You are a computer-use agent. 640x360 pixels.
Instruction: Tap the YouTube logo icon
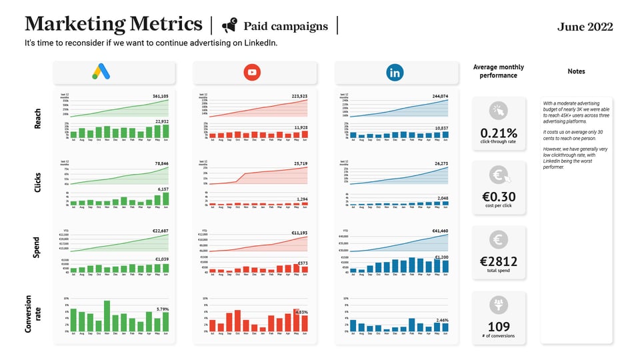pyautogui.click(x=252, y=72)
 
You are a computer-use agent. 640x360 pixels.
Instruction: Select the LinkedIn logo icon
pyautogui.click(x=395, y=72)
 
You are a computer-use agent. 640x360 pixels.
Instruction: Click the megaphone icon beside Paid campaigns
pyautogui.click(x=229, y=26)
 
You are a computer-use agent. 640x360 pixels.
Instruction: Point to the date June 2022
pyautogui.click(x=585, y=27)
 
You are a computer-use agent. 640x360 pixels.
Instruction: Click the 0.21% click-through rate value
pyautogui.click(x=499, y=133)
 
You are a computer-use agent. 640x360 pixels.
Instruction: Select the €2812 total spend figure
pyautogui.click(x=499, y=261)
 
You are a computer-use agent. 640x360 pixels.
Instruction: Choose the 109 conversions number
pyautogui.click(x=499, y=327)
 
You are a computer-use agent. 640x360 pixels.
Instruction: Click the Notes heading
pyautogui.click(x=577, y=71)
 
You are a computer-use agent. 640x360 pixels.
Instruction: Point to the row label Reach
pyautogui.click(x=38, y=118)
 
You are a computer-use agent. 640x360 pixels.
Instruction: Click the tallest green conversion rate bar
pyautogui.click(x=107, y=315)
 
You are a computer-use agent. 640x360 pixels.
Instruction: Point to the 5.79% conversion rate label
pyautogui.click(x=162, y=309)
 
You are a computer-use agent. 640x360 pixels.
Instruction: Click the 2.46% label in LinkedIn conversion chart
pyautogui.click(x=441, y=321)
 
